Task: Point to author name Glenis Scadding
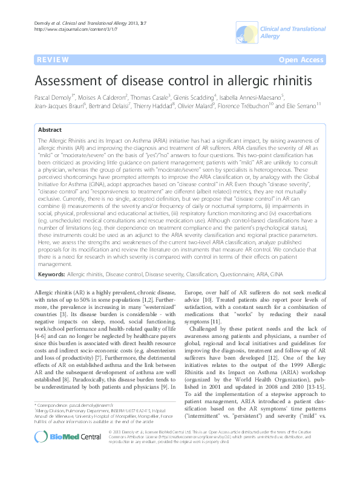196,97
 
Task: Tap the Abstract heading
50,130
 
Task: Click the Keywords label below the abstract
52,274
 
